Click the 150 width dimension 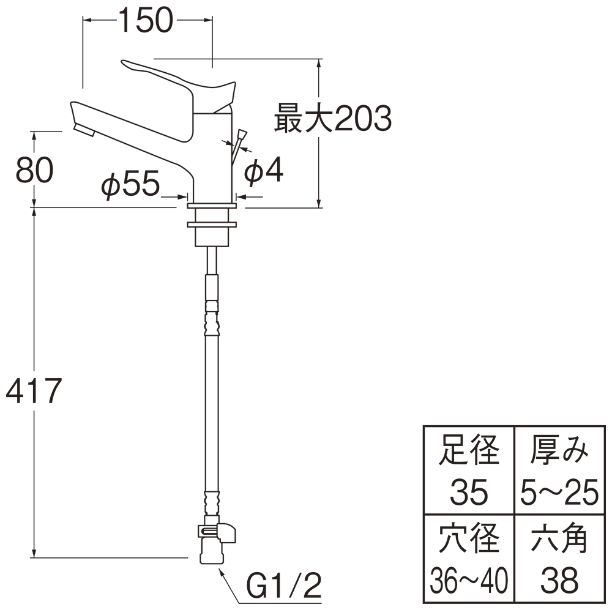coord(146,21)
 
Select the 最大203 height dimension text coord(332,119)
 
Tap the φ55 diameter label coord(130,185)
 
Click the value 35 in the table coord(469,492)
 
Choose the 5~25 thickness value coord(559,492)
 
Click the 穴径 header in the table coord(469,539)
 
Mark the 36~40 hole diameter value coord(469,579)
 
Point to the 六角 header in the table coord(559,539)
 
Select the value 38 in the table coord(559,579)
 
